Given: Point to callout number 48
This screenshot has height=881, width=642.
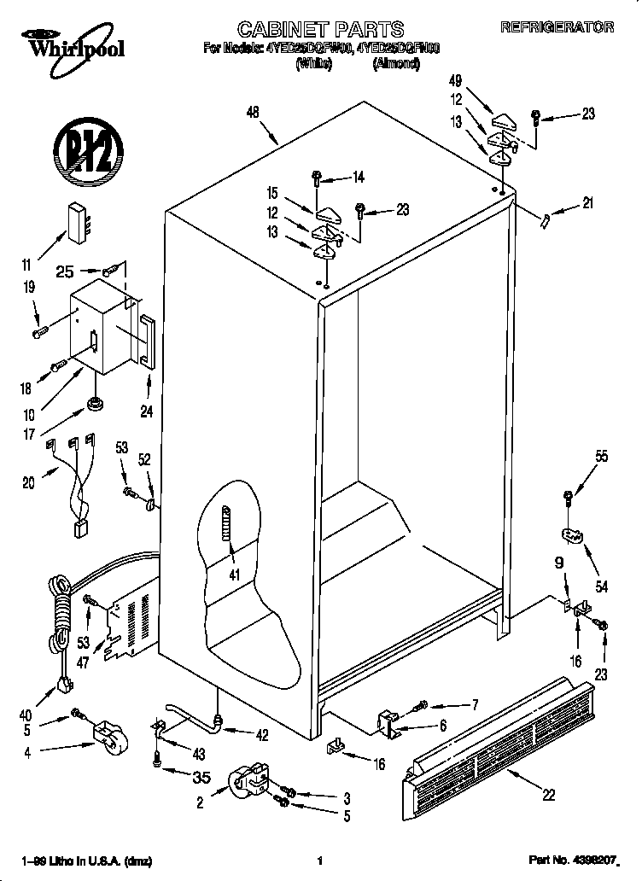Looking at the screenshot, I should pos(252,113).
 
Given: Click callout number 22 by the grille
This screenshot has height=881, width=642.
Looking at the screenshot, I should pos(548,794).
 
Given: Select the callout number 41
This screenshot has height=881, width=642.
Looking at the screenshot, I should pos(232,575).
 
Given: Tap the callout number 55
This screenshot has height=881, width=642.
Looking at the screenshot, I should pos(601,457).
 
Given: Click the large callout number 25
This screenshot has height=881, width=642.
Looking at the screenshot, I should pos(65,271).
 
